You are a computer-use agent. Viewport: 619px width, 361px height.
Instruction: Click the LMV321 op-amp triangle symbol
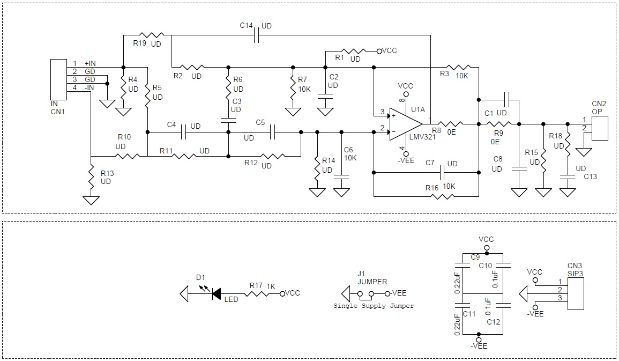click(x=405, y=124)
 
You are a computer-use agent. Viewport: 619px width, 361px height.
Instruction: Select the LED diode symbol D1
click(x=217, y=293)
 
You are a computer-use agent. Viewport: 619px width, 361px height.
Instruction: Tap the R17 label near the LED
click(x=256, y=285)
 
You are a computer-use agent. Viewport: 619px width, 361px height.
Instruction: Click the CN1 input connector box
click(x=58, y=79)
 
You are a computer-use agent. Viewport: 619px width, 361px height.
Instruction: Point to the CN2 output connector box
click(x=599, y=128)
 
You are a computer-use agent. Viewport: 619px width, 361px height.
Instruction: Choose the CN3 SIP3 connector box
click(x=575, y=293)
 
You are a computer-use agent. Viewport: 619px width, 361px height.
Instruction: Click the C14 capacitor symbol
click(x=256, y=35)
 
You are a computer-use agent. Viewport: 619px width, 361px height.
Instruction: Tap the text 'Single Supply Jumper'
click(x=374, y=306)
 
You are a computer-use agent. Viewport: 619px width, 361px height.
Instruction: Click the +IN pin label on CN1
click(x=90, y=63)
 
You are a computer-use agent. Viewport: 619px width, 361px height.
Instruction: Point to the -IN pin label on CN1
click(x=89, y=87)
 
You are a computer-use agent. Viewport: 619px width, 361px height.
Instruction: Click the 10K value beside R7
click(x=304, y=89)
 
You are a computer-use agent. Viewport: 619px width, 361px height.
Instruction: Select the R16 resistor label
click(x=432, y=188)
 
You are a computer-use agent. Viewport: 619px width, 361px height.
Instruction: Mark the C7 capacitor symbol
click(x=443, y=172)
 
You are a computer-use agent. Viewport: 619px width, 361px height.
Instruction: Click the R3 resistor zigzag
click(x=459, y=67)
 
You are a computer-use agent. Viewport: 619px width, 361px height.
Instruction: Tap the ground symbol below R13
click(x=91, y=200)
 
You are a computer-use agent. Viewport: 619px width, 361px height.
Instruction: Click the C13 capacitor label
click(x=591, y=176)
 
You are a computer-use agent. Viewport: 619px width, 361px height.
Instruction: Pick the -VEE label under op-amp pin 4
click(x=406, y=160)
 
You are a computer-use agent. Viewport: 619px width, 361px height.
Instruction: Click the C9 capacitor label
click(x=475, y=257)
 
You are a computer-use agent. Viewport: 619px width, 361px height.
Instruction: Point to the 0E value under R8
click(x=451, y=132)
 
